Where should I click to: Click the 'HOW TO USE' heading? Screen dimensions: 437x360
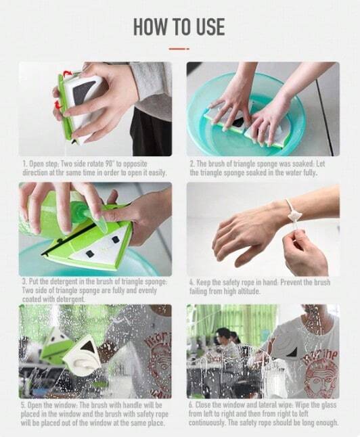179,26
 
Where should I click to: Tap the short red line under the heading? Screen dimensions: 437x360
179,49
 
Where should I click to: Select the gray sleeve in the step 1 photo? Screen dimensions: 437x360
152,88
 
